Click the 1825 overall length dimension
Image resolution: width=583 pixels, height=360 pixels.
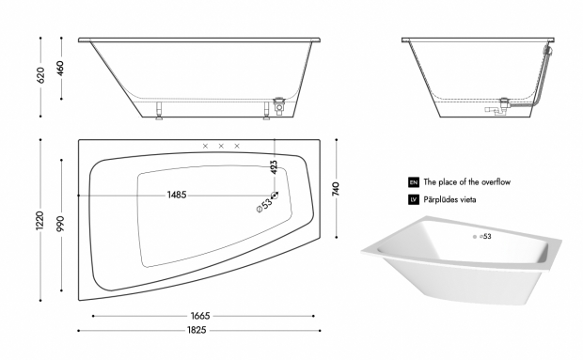point(197,330)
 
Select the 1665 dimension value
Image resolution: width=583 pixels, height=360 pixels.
point(200,316)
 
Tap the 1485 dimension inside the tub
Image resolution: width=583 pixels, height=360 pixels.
point(177,195)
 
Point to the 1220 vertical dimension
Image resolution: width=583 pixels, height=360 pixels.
point(39,220)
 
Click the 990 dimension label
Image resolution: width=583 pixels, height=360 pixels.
point(60,224)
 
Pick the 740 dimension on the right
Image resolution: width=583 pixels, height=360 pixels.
point(336,189)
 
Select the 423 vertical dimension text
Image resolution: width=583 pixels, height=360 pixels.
point(274,167)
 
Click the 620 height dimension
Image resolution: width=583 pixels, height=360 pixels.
point(40,75)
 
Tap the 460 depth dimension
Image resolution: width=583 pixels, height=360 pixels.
point(60,68)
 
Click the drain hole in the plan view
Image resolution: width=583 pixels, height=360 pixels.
point(275,196)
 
